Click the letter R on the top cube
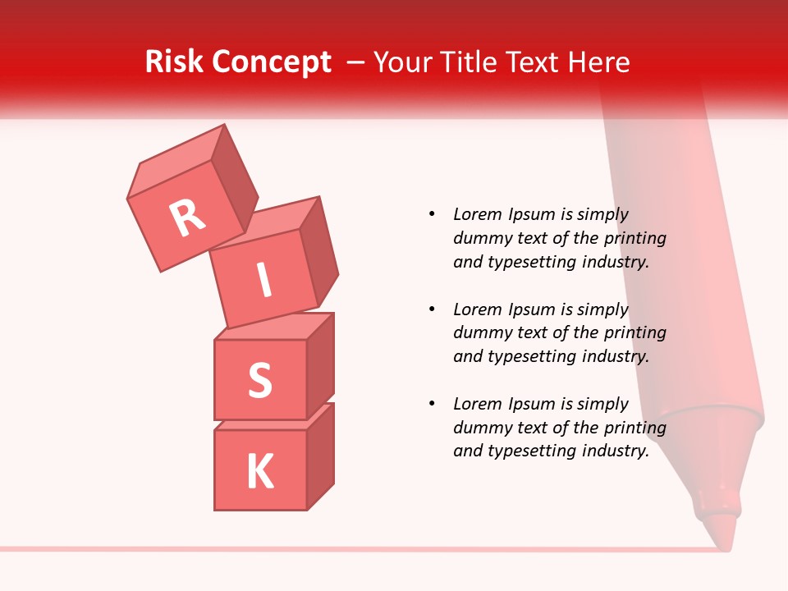coord(187,218)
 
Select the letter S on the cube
coord(259,380)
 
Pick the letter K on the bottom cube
coord(259,471)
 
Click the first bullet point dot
coord(432,214)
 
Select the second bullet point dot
coord(432,309)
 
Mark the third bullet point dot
coord(432,404)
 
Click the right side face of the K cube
coord(320,456)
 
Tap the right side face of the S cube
coord(320,365)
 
